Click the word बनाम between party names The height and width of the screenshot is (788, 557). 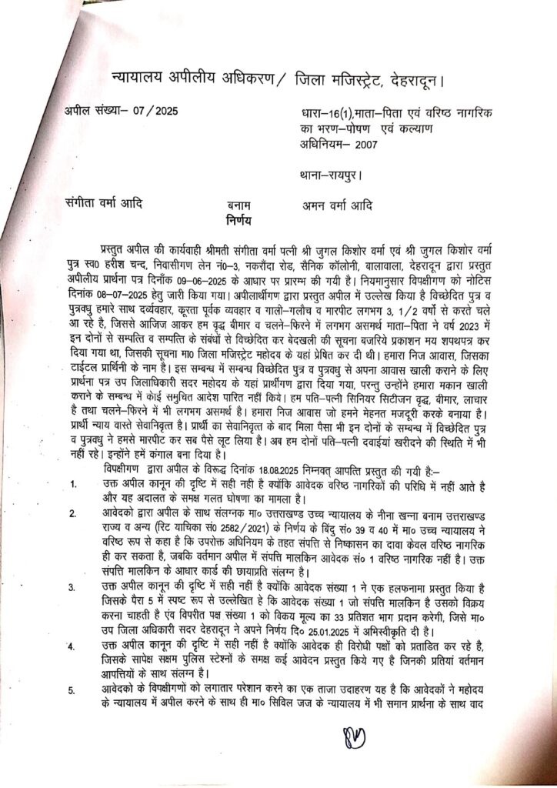(243, 205)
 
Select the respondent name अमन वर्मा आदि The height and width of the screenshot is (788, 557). (339, 205)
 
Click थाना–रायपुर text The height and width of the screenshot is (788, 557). (331, 174)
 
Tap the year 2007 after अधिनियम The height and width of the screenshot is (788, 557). (377, 143)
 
